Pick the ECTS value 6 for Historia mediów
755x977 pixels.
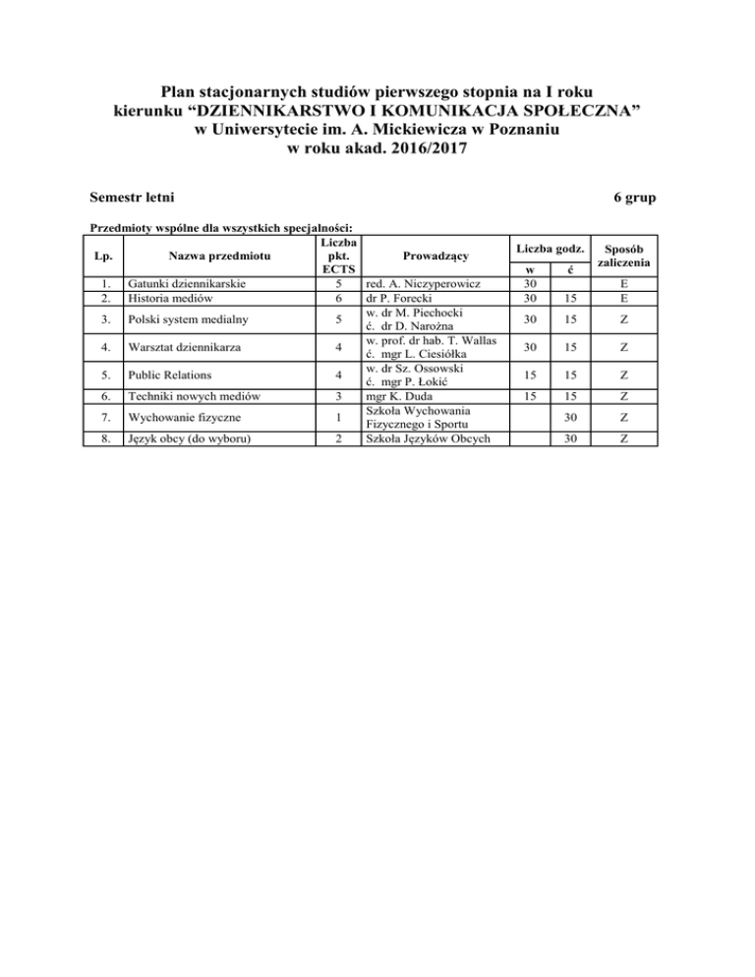336,298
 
